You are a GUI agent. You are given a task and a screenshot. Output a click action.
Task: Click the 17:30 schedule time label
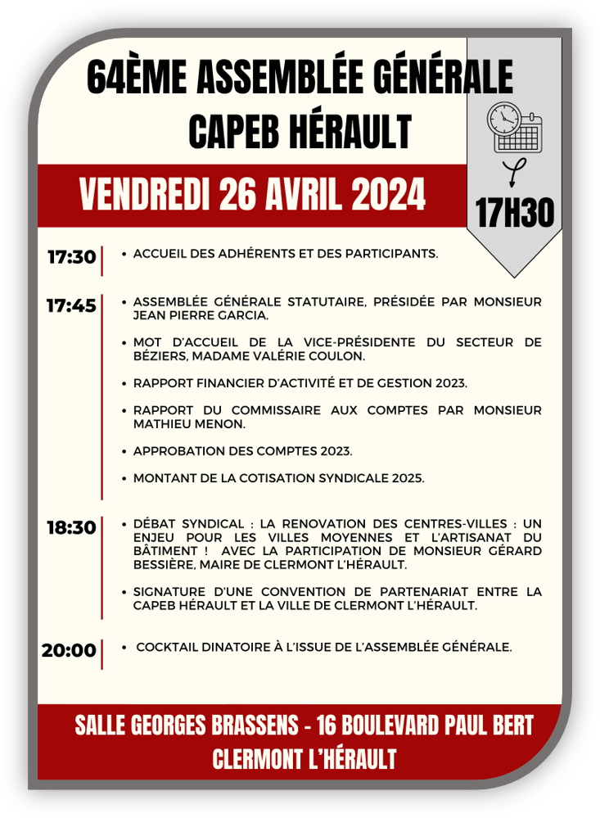click(x=71, y=257)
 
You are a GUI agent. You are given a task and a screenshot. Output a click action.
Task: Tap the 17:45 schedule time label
click(x=71, y=306)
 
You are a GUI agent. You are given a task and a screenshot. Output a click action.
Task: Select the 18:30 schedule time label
click(x=71, y=528)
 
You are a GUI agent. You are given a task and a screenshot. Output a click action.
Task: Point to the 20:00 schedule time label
click(x=69, y=651)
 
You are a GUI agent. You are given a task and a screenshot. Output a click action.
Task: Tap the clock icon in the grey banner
click(x=503, y=119)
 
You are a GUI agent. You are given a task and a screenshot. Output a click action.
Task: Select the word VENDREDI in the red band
click(x=145, y=196)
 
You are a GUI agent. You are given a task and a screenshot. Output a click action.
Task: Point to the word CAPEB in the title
click(x=237, y=131)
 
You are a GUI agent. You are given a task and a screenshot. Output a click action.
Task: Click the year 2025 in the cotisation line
click(x=408, y=478)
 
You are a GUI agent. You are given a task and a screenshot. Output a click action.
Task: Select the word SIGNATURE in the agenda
click(x=169, y=592)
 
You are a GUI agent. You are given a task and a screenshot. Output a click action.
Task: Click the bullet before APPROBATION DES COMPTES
click(x=124, y=451)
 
